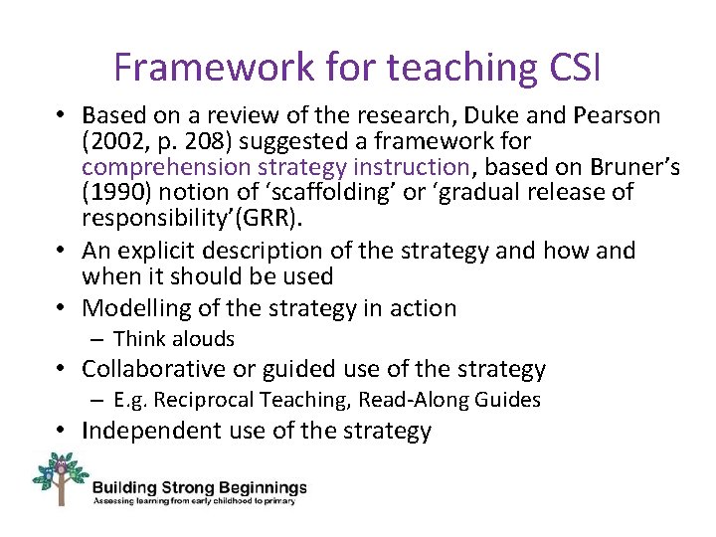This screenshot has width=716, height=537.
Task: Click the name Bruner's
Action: pyautogui.click(x=631, y=166)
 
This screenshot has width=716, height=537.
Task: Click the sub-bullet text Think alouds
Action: pyautogui.click(x=173, y=339)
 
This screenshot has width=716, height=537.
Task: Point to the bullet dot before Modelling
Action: pyautogui.click(x=63, y=309)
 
